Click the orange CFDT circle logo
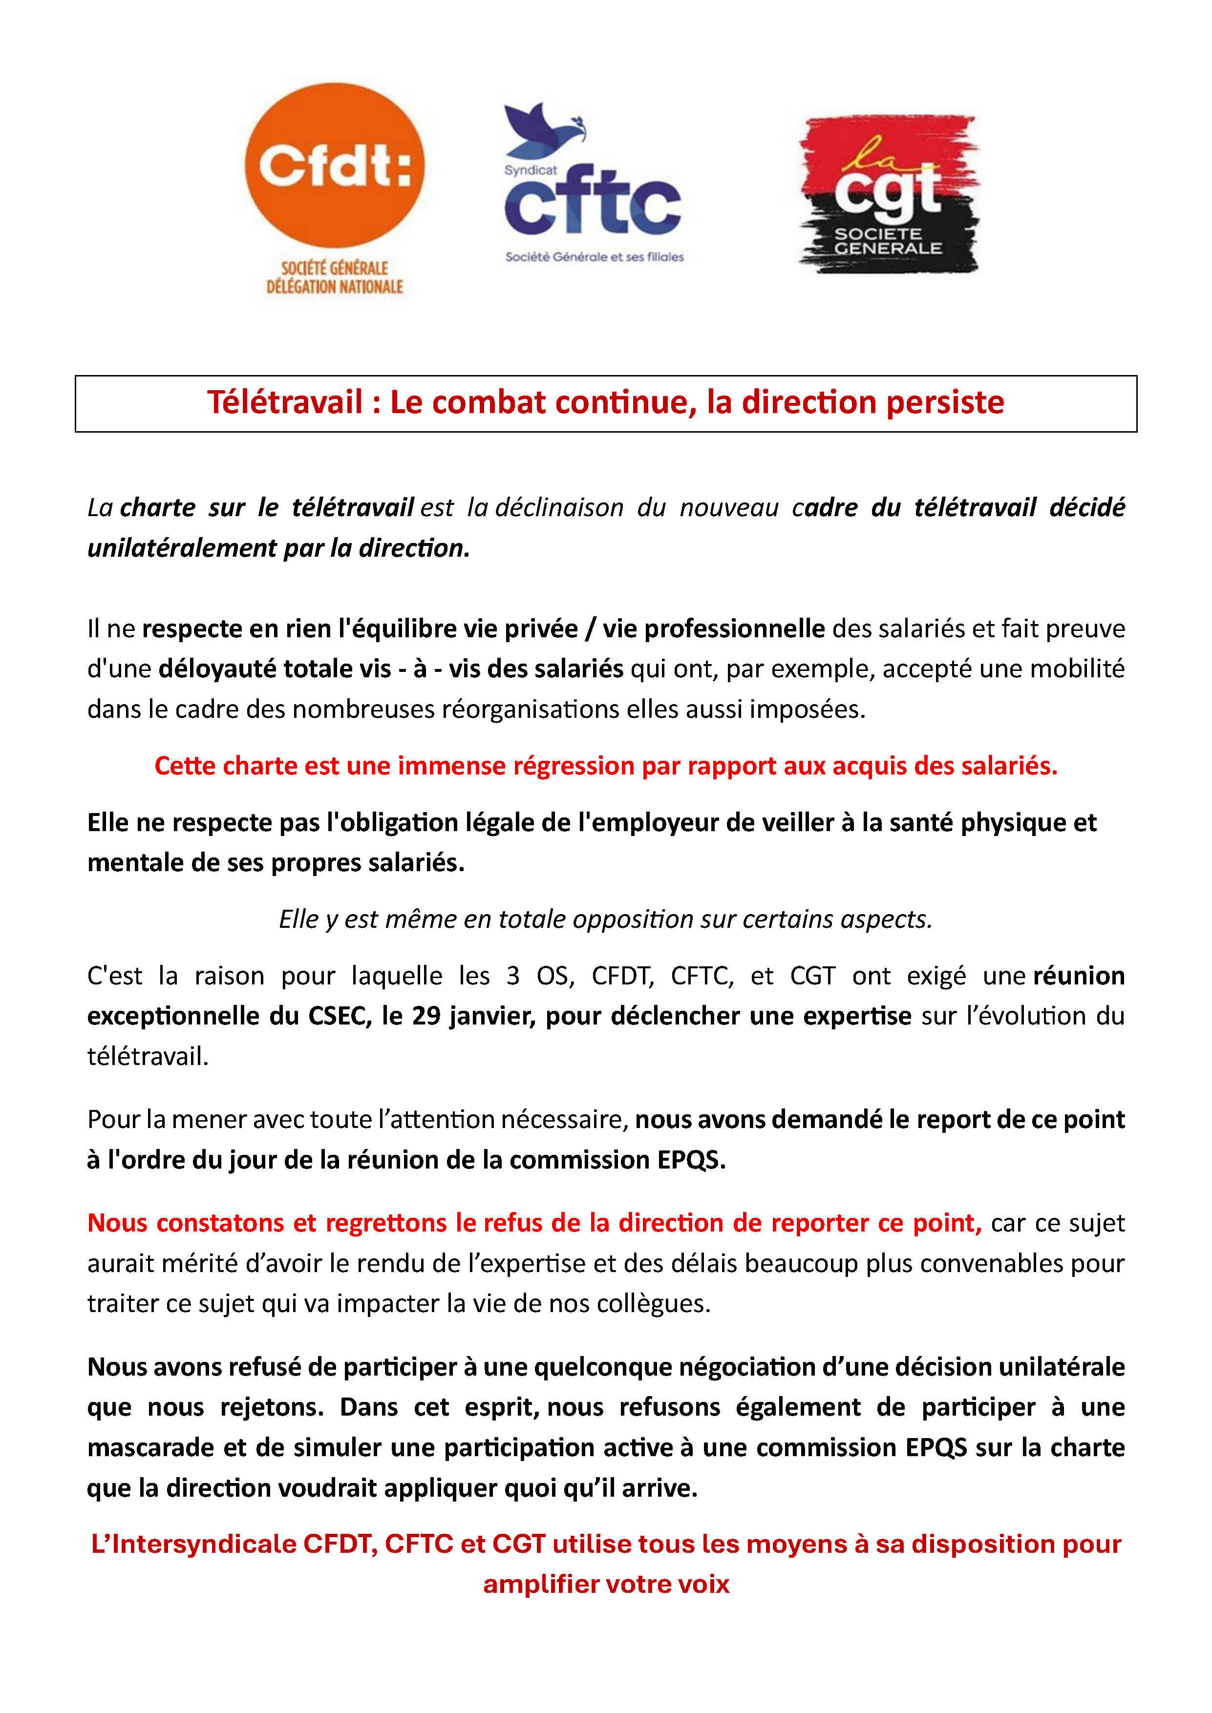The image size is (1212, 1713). coord(334,165)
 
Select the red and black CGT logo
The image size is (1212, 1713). coord(888,194)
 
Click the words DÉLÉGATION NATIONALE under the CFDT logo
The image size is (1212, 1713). coord(334,287)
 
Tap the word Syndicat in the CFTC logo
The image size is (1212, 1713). coord(530,170)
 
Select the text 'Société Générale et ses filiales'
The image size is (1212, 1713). coord(594,257)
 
